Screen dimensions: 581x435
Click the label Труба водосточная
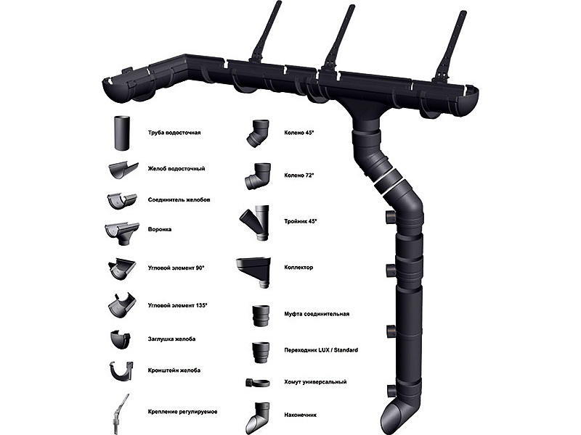[x=174, y=133]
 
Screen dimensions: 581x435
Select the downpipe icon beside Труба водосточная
[x=122, y=133]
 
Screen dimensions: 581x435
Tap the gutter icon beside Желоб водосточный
[x=123, y=170]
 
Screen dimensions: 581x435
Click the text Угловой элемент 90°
[x=176, y=268]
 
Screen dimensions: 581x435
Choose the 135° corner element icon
[x=122, y=304]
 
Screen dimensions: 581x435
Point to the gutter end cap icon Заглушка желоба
[x=121, y=339]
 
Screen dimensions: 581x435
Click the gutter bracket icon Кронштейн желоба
[x=121, y=372]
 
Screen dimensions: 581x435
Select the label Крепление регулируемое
[x=182, y=412]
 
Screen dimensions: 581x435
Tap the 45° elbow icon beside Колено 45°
[x=258, y=133]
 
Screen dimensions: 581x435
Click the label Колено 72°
[x=299, y=175]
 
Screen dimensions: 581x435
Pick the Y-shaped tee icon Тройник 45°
[x=255, y=222]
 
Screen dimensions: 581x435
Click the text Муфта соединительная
[x=317, y=314]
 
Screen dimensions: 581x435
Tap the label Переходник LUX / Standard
[x=321, y=350]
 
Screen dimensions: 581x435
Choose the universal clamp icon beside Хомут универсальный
[x=257, y=383]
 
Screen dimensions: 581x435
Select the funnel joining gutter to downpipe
[x=365, y=110]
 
